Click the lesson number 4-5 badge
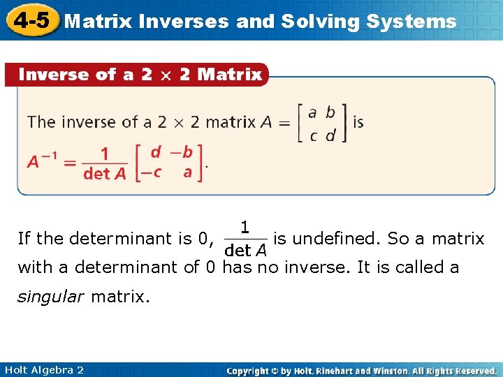tap(30, 20)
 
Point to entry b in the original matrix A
tap(330, 112)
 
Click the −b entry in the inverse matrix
tap(182, 151)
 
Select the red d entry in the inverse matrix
tap(155, 151)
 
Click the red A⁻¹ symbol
tap(43, 163)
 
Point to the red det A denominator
tap(104, 174)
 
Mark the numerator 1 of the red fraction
tap(104, 152)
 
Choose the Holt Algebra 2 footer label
tap(43, 370)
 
